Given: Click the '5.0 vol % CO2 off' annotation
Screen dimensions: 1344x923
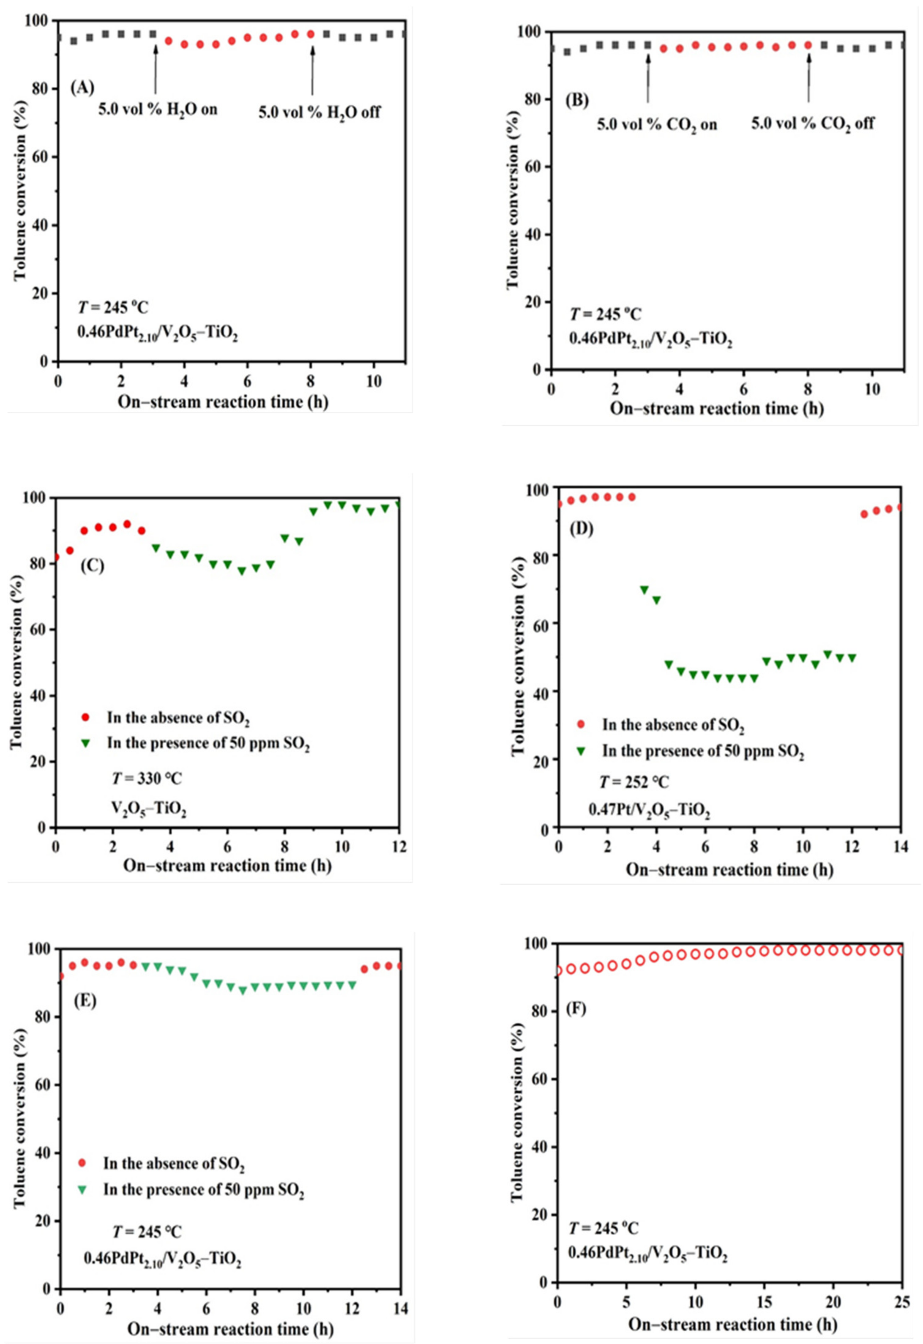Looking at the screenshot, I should [x=813, y=124].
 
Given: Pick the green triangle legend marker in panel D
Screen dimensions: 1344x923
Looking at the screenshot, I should [x=581, y=751].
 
